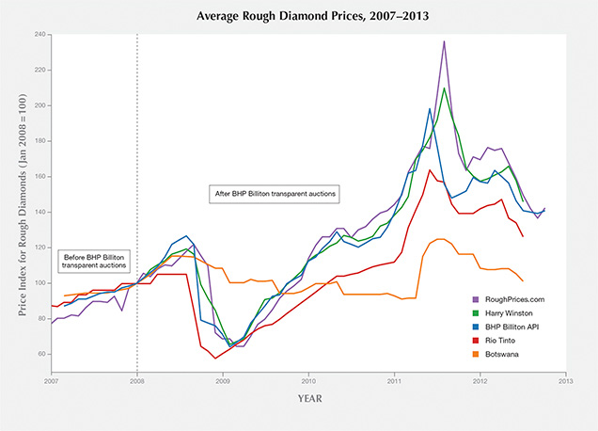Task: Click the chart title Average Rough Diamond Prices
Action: pyautogui.click(x=299, y=15)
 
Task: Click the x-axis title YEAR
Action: pyautogui.click(x=307, y=399)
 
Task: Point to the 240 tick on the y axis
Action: pyautogui.click(x=40, y=35)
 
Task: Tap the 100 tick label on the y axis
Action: pyautogui.click(x=40, y=283)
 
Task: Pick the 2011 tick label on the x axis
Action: pyautogui.click(x=395, y=381)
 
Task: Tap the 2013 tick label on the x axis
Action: pyautogui.click(x=565, y=381)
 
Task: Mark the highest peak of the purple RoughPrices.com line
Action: pyautogui.click(x=444, y=41)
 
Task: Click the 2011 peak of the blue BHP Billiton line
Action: pyautogui.click(x=430, y=108)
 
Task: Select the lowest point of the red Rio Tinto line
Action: pyautogui.click(x=215, y=359)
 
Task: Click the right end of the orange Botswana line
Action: pyautogui.click(x=523, y=280)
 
